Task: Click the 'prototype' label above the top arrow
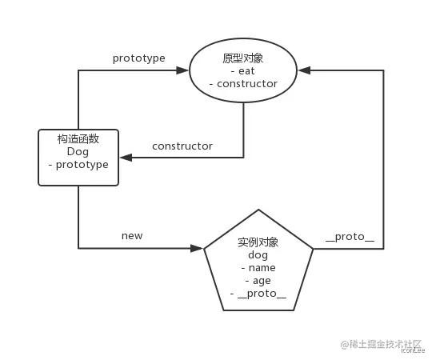click(139, 58)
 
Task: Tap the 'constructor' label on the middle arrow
click(182, 146)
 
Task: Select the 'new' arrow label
click(132, 236)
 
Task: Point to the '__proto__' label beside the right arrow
click(350, 237)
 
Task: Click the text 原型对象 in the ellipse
click(242, 58)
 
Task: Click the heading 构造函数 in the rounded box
click(78, 139)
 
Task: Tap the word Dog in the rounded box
click(78, 152)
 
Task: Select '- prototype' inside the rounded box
click(78, 165)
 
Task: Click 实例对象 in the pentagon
click(258, 242)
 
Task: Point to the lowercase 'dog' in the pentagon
click(258, 255)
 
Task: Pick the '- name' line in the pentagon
click(258, 268)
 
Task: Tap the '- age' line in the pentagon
click(258, 281)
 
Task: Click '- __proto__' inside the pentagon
click(258, 294)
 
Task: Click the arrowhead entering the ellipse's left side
click(183, 70)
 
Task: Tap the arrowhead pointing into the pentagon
click(198, 248)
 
